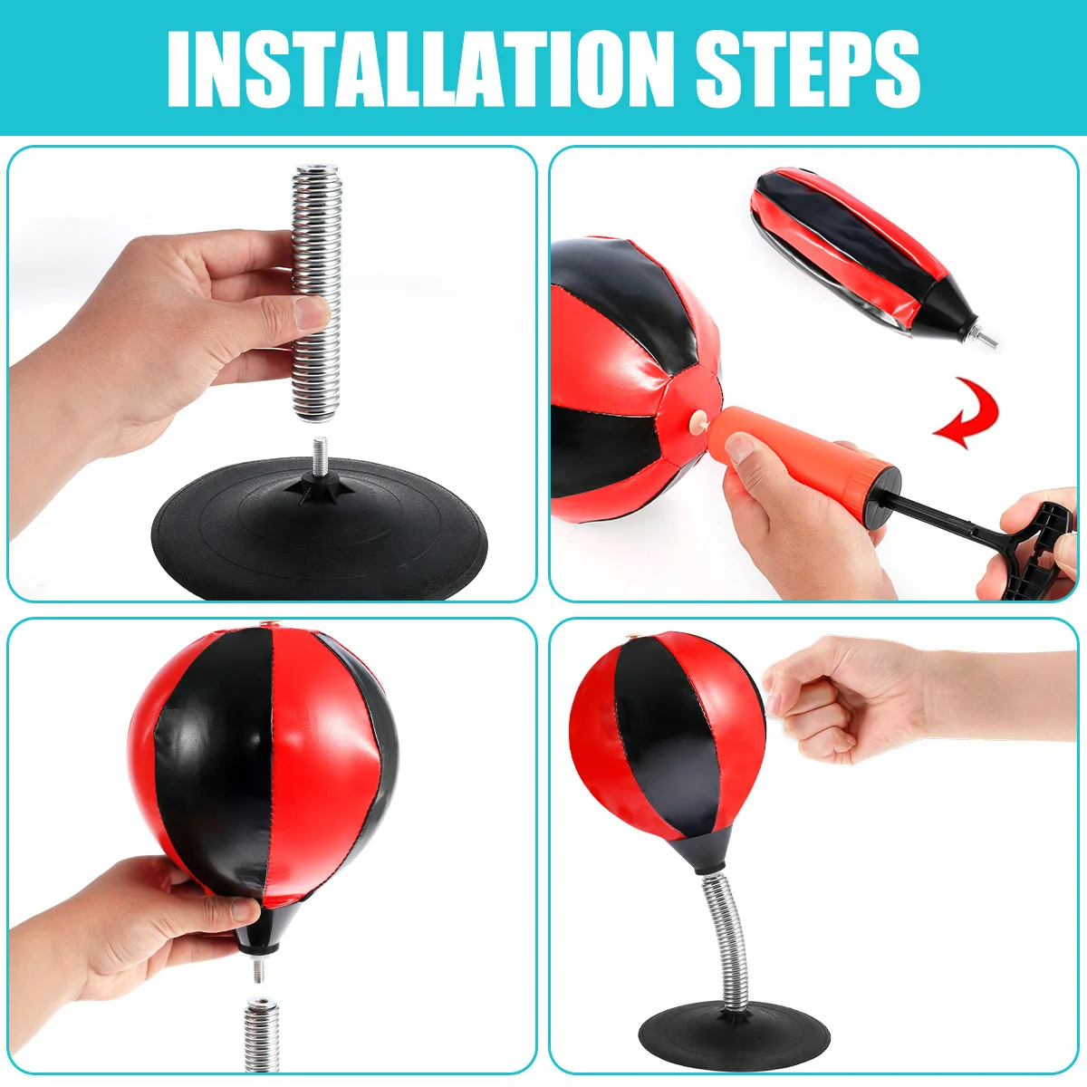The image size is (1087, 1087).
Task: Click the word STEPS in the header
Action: (x=808, y=68)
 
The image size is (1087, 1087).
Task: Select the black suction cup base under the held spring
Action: (x=319, y=527)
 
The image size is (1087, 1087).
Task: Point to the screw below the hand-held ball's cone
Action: (x=259, y=970)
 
